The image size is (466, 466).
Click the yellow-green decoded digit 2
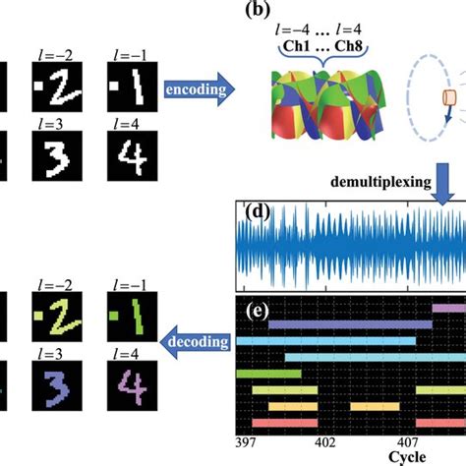(56, 316)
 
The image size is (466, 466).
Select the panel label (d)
(258, 216)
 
